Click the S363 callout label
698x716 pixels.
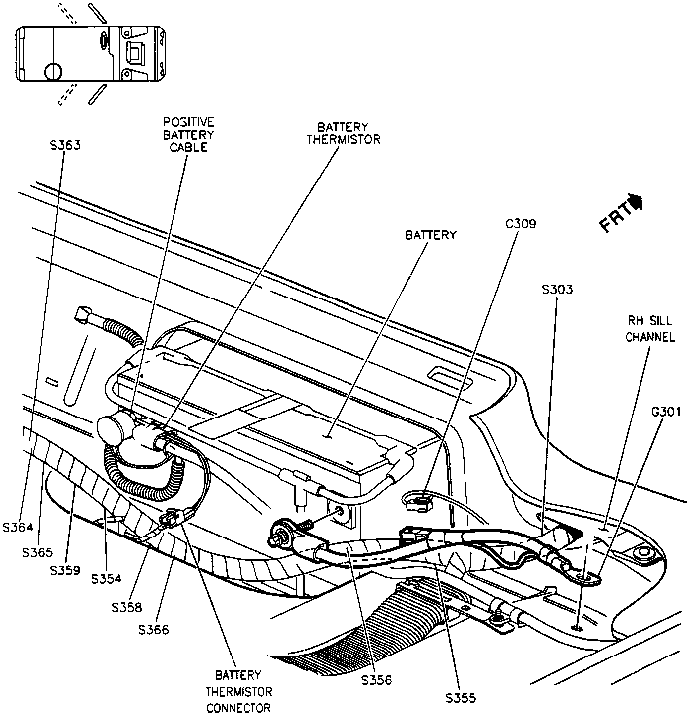(65, 145)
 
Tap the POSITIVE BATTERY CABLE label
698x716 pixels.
(188, 134)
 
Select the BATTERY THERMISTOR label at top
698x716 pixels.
(343, 133)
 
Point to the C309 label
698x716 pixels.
(520, 224)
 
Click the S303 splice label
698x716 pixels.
(557, 289)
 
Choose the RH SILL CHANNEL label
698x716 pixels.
(650, 329)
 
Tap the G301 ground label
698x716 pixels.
(666, 411)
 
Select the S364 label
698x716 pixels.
(18, 527)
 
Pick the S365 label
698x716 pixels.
(37, 552)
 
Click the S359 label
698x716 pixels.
(65, 570)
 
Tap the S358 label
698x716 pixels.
(127, 607)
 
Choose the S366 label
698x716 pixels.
(154, 630)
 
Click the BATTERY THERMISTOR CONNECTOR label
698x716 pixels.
(239, 691)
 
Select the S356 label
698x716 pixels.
(376, 681)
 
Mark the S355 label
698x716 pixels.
(461, 698)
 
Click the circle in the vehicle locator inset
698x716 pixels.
(53, 72)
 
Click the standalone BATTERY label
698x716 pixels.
(430, 235)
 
